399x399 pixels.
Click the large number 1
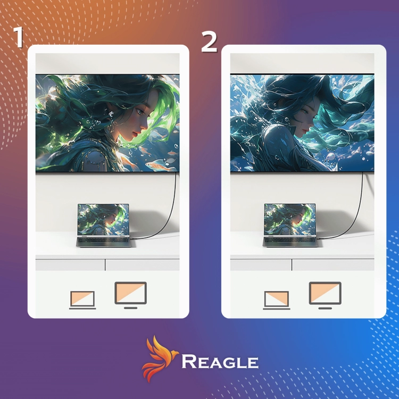click(x=18, y=37)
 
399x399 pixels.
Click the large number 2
click(x=209, y=41)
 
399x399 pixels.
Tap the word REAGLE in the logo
click(x=220, y=361)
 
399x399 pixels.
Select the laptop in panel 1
click(x=105, y=225)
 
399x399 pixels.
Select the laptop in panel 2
click(x=290, y=225)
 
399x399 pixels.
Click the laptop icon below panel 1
click(x=82, y=300)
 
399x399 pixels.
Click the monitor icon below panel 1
click(x=130, y=295)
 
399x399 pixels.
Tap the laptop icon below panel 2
click(x=276, y=300)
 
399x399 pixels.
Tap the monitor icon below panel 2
click(x=325, y=295)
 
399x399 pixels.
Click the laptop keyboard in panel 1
click(x=104, y=240)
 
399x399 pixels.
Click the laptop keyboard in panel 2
click(x=290, y=240)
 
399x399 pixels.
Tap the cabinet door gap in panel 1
click(x=105, y=265)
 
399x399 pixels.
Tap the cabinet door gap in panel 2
click(x=292, y=265)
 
